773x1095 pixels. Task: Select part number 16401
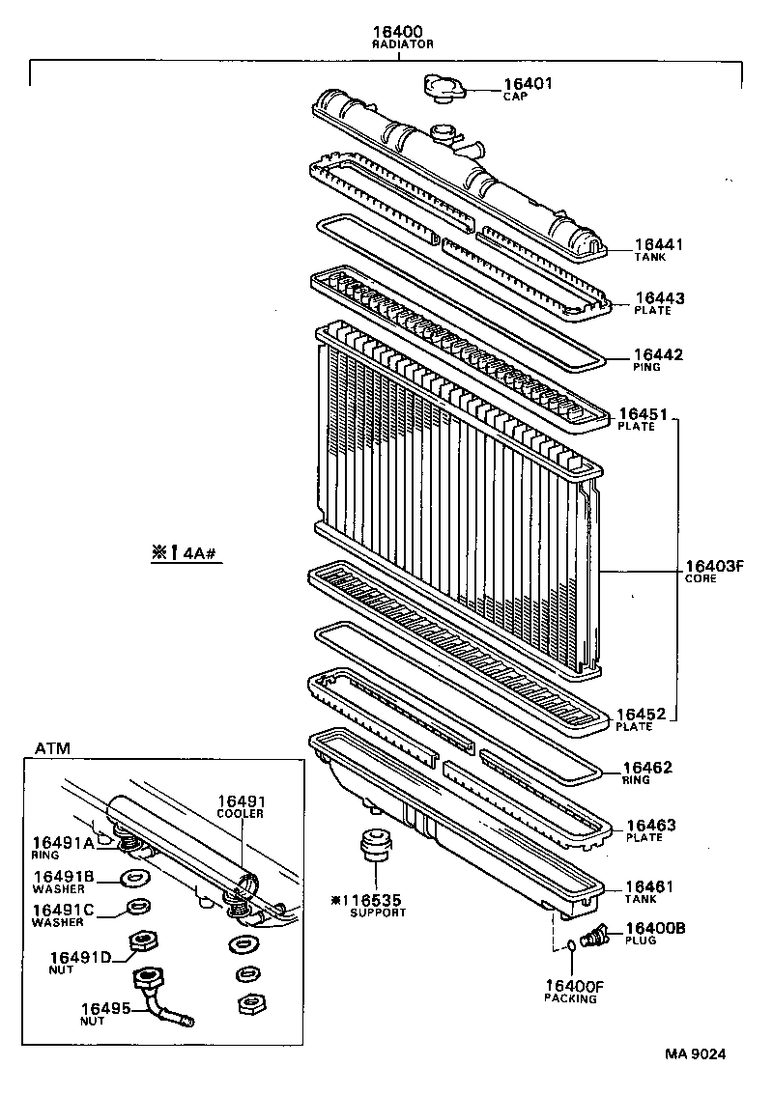[x=527, y=84]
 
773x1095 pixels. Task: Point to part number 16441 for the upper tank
[x=659, y=246]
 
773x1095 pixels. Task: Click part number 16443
[x=659, y=298]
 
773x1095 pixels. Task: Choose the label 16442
[x=658, y=355]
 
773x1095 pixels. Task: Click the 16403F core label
[x=714, y=566]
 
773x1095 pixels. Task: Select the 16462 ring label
[x=648, y=769]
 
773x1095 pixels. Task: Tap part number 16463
[x=651, y=826]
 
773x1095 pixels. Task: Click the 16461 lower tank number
[x=649, y=886]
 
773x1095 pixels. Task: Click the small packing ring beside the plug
[x=571, y=946]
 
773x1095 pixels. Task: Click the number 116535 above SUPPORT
[x=371, y=900]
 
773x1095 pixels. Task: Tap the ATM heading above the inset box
[x=51, y=748]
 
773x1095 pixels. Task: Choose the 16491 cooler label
[x=241, y=801]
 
